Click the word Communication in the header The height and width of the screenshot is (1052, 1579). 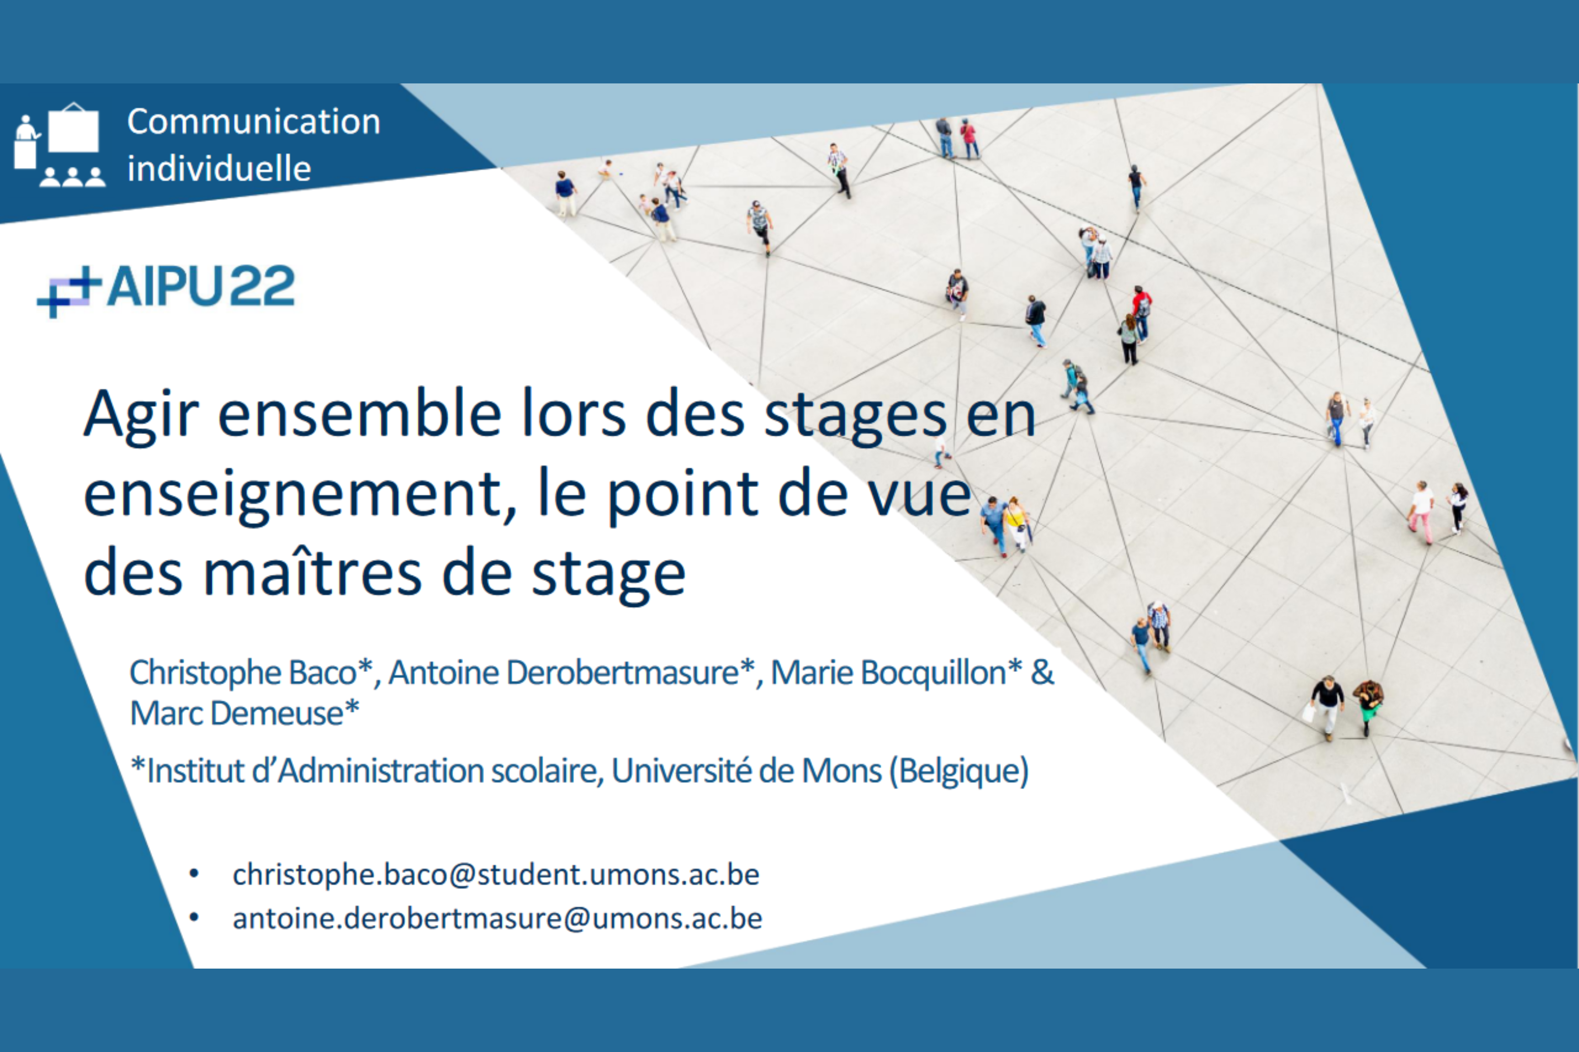coord(254,122)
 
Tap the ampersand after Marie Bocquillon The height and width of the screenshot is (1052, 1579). coord(1042,672)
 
